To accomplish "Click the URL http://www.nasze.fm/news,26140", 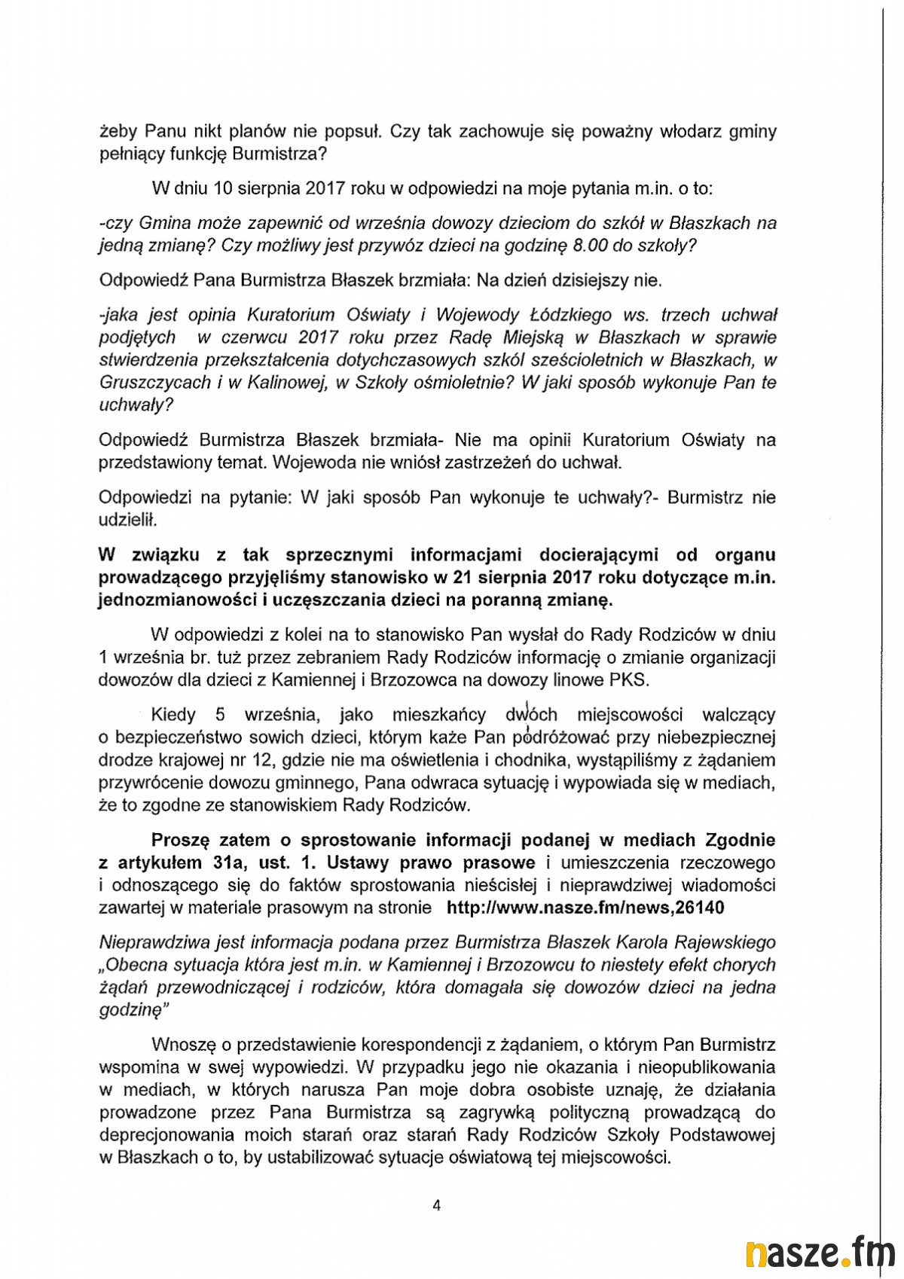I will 585,908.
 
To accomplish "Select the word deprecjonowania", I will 175,1135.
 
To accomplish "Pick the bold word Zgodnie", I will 739,839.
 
